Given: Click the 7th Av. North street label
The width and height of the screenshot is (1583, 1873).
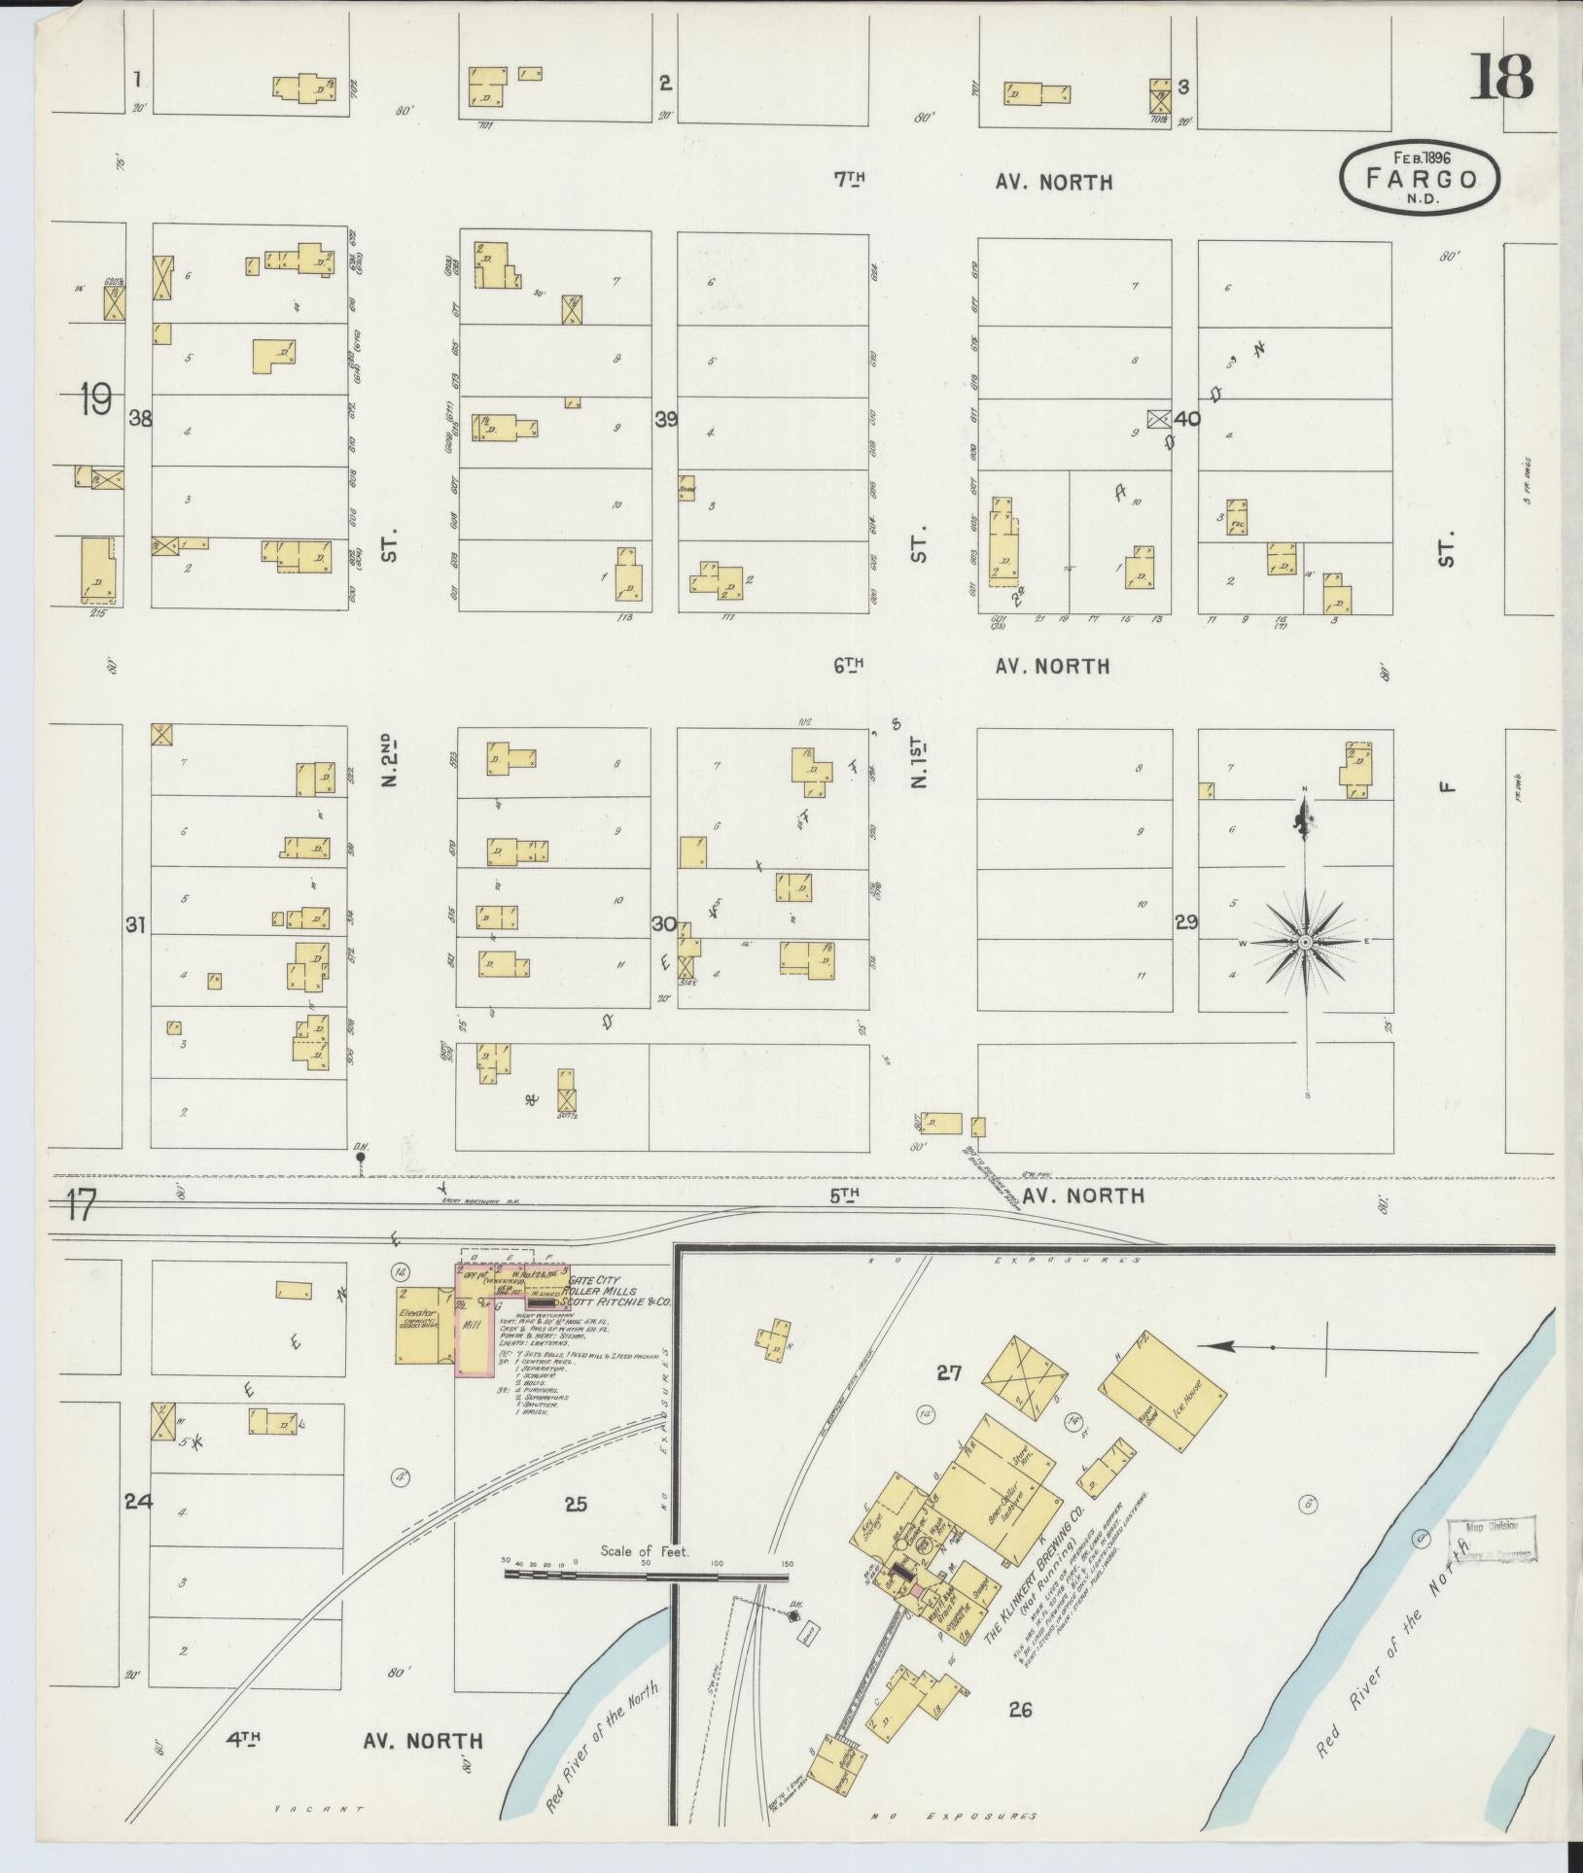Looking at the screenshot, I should pyautogui.click(x=972, y=181).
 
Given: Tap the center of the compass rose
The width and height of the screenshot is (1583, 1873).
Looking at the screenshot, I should pyautogui.click(x=1306, y=943).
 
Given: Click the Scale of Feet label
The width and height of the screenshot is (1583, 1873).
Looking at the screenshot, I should pyautogui.click(x=645, y=1551).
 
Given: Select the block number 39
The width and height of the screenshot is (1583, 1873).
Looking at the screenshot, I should pyautogui.click(x=666, y=420).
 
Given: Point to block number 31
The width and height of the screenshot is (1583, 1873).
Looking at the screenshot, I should pyautogui.click(x=135, y=925).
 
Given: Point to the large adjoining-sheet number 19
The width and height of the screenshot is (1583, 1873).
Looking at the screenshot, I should pyautogui.click(x=96, y=399).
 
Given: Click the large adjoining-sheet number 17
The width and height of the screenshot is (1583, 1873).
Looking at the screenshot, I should pyautogui.click(x=83, y=1208).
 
